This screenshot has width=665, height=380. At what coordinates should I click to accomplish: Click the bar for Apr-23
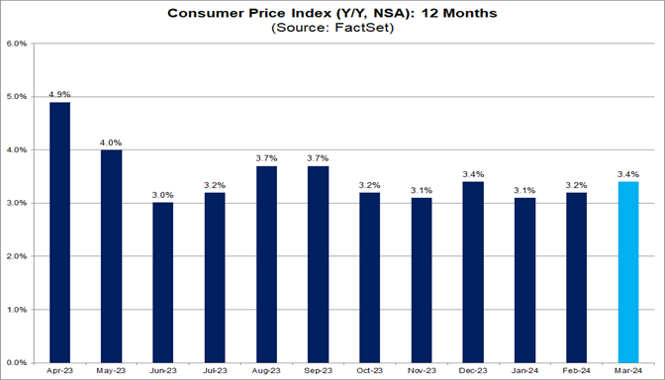tap(59, 233)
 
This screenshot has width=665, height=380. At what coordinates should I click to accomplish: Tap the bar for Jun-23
tap(163, 283)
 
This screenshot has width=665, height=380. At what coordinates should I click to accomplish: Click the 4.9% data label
tap(59, 94)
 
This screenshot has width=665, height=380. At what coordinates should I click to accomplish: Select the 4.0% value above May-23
tap(111, 142)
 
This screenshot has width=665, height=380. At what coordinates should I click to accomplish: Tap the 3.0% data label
tap(163, 195)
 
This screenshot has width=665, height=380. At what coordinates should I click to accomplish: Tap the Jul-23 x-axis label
tap(215, 372)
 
